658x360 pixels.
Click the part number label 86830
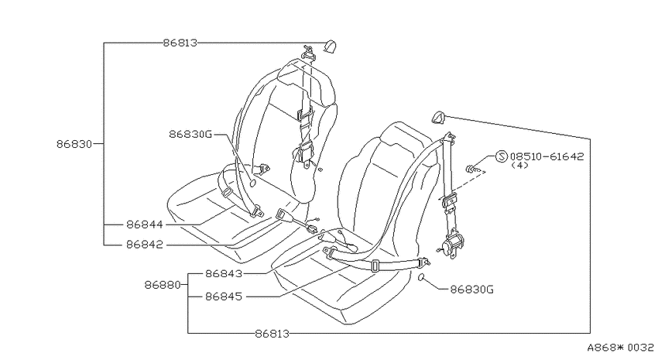[x=74, y=144]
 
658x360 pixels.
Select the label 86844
[x=144, y=225]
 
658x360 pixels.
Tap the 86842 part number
[x=144, y=244]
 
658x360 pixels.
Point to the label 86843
[x=224, y=273]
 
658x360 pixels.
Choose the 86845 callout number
[x=224, y=297]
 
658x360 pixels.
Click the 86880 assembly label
[x=163, y=285]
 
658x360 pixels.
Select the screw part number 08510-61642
[x=547, y=156]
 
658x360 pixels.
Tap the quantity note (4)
[x=520, y=166]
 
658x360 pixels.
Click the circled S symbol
[x=502, y=156]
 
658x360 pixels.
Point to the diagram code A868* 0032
[x=620, y=348]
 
